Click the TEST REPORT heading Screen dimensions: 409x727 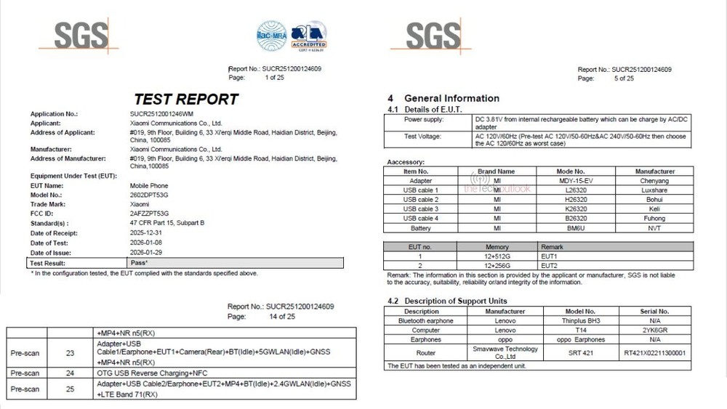pyautogui.click(x=186, y=100)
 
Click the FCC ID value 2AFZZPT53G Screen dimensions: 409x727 pyautogui.click(x=150, y=214)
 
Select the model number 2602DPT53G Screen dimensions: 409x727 pyautogui.click(x=149, y=195)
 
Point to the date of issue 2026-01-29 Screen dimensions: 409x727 pyautogui.click(x=146, y=251)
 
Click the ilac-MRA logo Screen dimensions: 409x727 pyautogui.click(x=270, y=35)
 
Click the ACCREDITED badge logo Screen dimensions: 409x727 pyautogui.click(x=308, y=36)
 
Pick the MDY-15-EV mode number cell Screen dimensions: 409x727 pyautogui.click(x=574, y=181)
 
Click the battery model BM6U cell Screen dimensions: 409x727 pyautogui.click(x=574, y=228)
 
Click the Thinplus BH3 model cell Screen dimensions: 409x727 pyautogui.click(x=580, y=320)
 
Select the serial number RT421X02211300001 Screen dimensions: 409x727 pyautogui.click(x=654, y=352)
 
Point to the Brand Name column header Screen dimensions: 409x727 pyautogui.click(x=497, y=171)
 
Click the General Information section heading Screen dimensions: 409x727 pyautogui.click(x=451, y=98)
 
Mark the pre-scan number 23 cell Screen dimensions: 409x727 pyautogui.click(x=70, y=353)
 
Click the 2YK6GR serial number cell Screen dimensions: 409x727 pyautogui.click(x=654, y=330)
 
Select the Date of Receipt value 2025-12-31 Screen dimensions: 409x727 pyautogui.click(x=146, y=232)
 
